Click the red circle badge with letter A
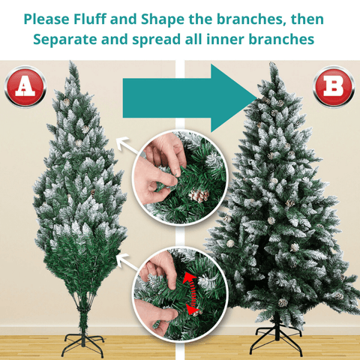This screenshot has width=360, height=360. click(25, 86)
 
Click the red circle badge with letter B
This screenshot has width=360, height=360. click(334, 86)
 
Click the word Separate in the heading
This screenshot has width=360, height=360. click(65, 40)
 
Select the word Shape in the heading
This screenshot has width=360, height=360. click(163, 19)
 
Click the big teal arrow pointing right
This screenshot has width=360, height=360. click(190, 98)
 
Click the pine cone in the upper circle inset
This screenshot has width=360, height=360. click(199, 195)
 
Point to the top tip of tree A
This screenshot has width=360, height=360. click(71, 61)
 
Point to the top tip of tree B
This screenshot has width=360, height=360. click(272, 63)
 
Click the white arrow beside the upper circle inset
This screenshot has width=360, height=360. click(127, 145)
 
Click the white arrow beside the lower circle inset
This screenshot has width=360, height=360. click(127, 262)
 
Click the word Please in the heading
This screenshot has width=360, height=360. click(46, 19)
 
